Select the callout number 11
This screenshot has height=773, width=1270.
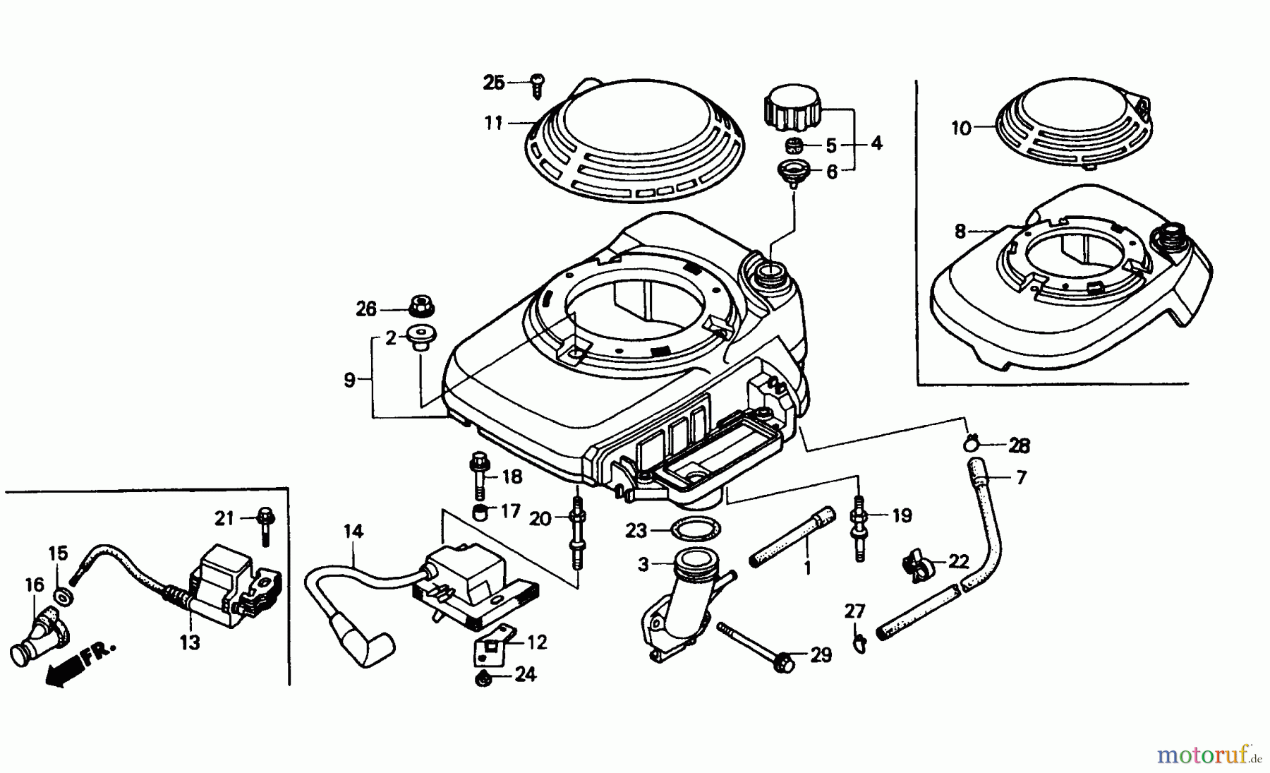click(x=493, y=124)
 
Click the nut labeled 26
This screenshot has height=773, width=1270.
click(x=421, y=308)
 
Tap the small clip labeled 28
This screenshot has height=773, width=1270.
click(x=972, y=444)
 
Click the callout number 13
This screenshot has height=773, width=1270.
click(x=190, y=643)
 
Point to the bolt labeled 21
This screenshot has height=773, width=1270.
click(x=266, y=526)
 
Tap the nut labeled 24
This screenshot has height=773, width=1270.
click(x=483, y=679)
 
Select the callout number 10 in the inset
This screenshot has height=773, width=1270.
click(x=961, y=128)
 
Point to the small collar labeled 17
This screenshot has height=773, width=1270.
click(x=480, y=510)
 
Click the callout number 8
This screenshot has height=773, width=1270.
click(x=960, y=232)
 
